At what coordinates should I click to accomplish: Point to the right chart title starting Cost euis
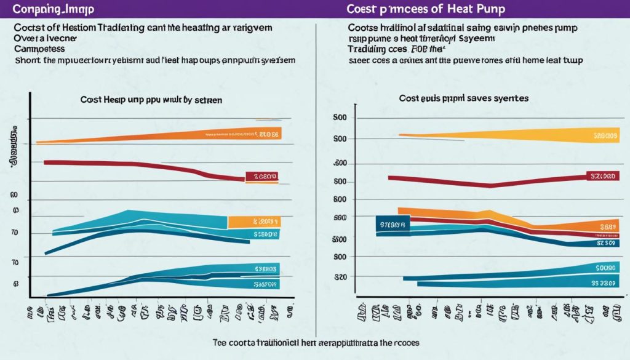tap(464, 98)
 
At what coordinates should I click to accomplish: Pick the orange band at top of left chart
tap(185, 136)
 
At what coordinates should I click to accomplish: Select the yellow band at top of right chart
tap(523, 134)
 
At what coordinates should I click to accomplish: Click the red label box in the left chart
tap(261, 177)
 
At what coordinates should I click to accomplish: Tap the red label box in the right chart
tap(602, 177)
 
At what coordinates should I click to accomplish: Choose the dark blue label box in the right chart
tap(393, 224)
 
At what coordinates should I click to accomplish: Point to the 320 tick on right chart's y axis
tap(341, 277)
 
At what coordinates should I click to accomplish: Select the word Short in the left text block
tap(25, 60)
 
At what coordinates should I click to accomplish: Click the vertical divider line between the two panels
tap(316, 166)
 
